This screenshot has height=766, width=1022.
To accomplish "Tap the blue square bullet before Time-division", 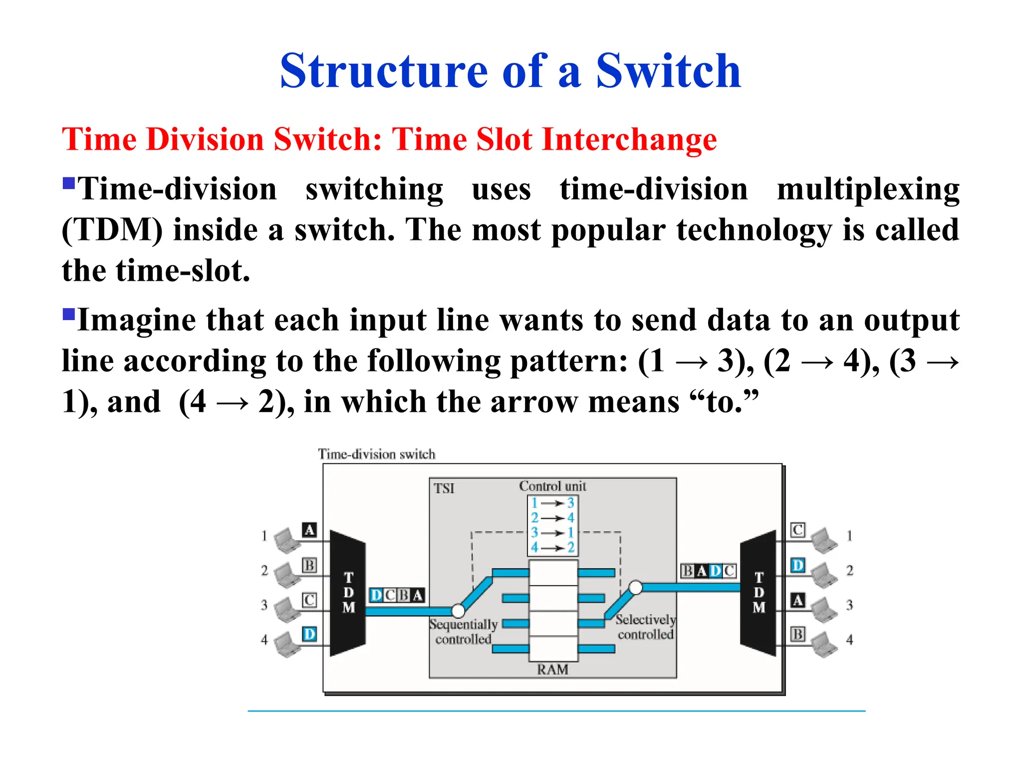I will click(x=68, y=184).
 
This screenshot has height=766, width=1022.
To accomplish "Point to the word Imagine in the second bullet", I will click(x=136, y=320).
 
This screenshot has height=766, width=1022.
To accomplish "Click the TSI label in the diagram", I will click(x=444, y=488).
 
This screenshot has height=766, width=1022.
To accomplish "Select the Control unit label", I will click(x=552, y=486).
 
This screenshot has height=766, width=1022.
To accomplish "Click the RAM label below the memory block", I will click(x=552, y=670).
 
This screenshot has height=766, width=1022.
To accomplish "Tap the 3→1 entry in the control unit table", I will click(x=552, y=533).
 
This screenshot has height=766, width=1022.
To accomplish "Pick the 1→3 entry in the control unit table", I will click(x=552, y=503).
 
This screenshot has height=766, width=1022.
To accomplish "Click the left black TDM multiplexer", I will click(x=348, y=593).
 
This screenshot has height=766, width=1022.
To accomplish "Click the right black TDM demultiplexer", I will click(x=758, y=593).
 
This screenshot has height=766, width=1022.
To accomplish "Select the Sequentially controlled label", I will click(x=464, y=632).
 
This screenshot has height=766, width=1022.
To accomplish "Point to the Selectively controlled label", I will click(x=645, y=627).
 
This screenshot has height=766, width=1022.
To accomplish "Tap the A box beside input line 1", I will click(x=309, y=530).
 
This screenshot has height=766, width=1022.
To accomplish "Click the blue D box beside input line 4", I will click(x=309, y=634).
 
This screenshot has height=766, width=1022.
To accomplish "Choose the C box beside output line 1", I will click(x=797, y=530).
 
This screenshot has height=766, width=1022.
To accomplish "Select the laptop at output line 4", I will click(x=823, y=644).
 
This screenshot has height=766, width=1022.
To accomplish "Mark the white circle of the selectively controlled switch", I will click(x=635, y=587).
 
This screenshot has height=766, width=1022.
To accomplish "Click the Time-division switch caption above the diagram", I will click(x=377, y=454).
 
